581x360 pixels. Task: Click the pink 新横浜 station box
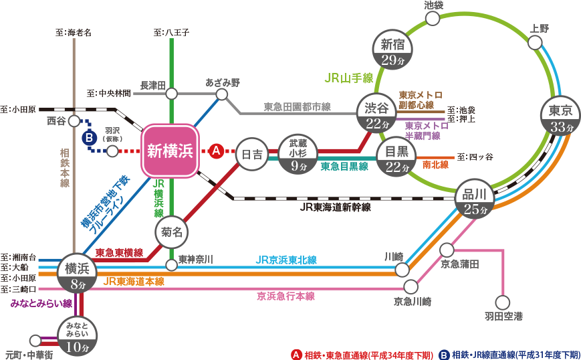pyautogui.click(x=170, y=151)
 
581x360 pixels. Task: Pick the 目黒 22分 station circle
pyautogui.click(x=396, y=158)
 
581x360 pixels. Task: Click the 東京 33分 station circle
pyautogui.click(x=560, y=118)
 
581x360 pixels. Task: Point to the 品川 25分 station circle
pyautogui.click(x=478, y=200)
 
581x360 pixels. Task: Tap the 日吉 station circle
pyautogui.click(x=252, y=154)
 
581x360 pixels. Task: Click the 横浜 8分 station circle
pyautogui.click(x=78, y=274)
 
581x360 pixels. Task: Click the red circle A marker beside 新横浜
pyautogui.click(x=216, y=151)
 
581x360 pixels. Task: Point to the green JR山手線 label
pyautogui.click(x=348, y=78)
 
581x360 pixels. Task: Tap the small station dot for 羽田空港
pyautogui.click(x=502, y=302)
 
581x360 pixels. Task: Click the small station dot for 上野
pyautogui.click(x=535, y=43)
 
